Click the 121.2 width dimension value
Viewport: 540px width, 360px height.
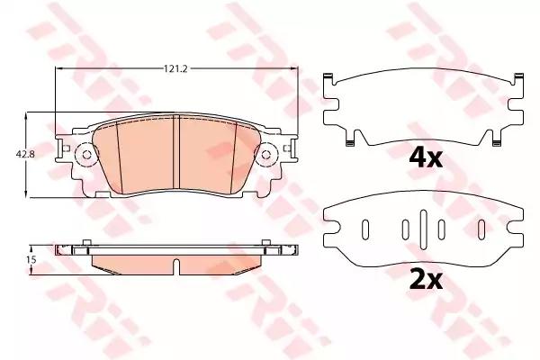click(x=175, y=68)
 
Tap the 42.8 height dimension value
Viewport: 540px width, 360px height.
click(x=25, y=154)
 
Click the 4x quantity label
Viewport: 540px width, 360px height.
click(x=426, y=158)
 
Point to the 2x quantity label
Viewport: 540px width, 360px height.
click(x=426, y=280)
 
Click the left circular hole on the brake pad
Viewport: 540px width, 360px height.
click(x=86, y=155)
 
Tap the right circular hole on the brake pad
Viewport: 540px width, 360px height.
click(x=265, y=155)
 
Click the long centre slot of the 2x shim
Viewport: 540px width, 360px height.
click(x=423, y=229)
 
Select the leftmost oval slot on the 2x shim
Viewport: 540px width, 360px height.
click(x=365, y=229)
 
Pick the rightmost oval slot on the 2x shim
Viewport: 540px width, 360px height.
click(x=481, y=229)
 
